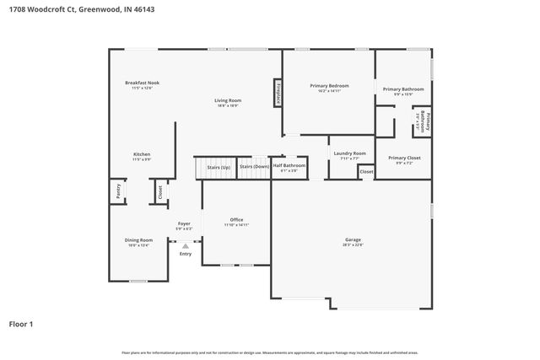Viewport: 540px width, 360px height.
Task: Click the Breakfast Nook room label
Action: tap(142, 83)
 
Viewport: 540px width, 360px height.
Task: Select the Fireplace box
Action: tap(278, 93)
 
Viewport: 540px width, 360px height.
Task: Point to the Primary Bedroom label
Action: tap(329, 86)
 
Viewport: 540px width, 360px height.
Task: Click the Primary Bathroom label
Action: tap(402, 89)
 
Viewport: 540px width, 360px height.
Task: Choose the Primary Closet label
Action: tap(403, 158)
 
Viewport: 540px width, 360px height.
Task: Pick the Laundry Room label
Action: tap(348, 153)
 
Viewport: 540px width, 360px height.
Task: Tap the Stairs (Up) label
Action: tap(219, 167)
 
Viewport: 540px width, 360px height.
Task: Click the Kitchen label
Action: tap(142, 154)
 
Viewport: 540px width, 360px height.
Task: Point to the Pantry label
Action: tap(117, 192)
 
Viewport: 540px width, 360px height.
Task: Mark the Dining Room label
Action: tap(138, 240)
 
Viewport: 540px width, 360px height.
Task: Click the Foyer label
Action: tap(184, 223)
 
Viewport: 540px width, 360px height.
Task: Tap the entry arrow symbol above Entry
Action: tap(186, 245)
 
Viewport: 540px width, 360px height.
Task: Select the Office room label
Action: tap(236, 220)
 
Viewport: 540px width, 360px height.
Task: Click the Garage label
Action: tap(352, 239)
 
